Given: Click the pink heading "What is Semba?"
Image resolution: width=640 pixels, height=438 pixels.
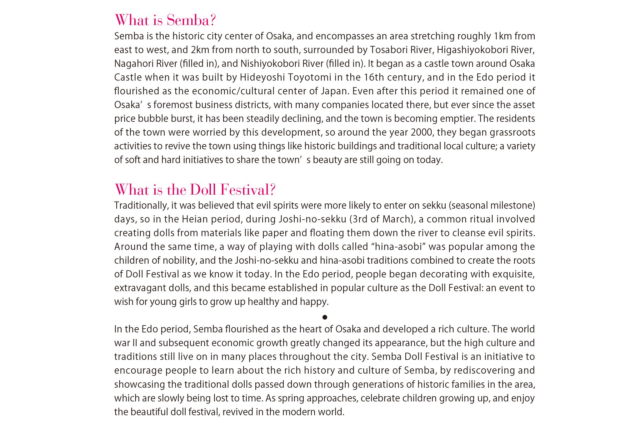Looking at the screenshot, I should tap(165, 20).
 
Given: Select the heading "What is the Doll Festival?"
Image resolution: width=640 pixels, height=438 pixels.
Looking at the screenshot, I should tap(195, 190).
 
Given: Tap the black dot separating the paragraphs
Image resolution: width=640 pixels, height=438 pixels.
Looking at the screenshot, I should tap(325, 317).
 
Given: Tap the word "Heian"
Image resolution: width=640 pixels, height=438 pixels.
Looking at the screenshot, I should tap(194, 219).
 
